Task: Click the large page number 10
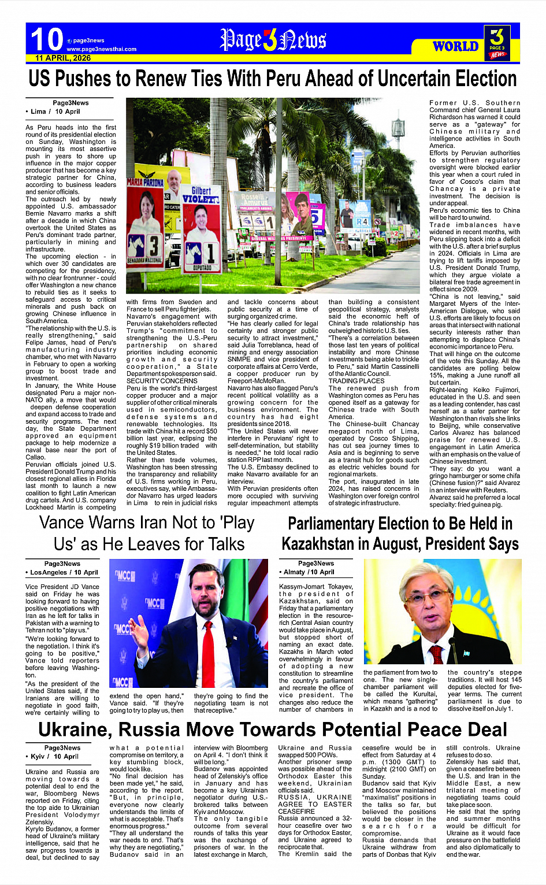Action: pos(46,39)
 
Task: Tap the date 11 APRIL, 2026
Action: pos(63,58)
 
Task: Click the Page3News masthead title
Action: pos(273,40)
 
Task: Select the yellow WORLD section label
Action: pos(455,46)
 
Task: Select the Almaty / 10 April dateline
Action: pos(307,572)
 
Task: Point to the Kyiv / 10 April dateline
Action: pos(53,756)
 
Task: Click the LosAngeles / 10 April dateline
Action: pos(64,572)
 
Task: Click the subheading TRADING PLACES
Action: pos(356,381)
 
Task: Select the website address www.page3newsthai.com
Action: pos(101,49)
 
